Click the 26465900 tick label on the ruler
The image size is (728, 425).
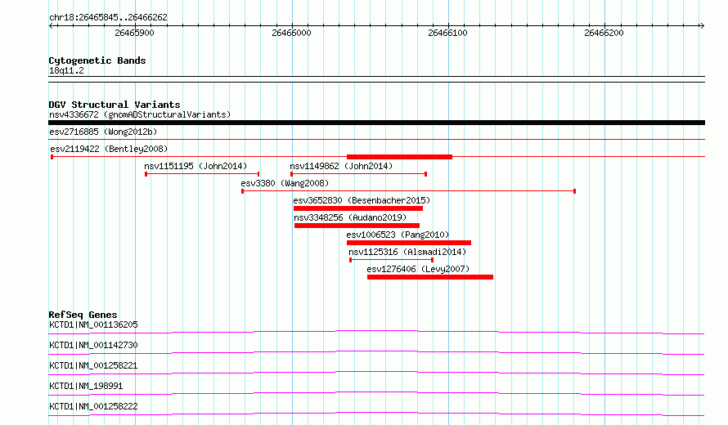click(x=134, y=33)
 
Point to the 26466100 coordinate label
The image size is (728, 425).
click(x=447, y=33)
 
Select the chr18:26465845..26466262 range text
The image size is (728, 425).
click(x=108, y=18)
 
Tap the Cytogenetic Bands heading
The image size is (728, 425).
click(x=97, y=60)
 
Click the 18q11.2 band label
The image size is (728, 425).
click(x=66, y=70)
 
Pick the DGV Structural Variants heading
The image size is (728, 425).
click(x=115, y=105)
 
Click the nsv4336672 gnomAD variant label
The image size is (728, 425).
click(x=140, y=114)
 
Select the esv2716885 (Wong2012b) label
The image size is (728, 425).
click(x=103, y=132)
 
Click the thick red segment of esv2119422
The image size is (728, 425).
click(x=399, y=157)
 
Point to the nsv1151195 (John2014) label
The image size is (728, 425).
click(x=195, y=166)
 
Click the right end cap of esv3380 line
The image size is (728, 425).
click(x=575, y=191)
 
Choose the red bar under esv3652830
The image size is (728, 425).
click(x=358, y=208)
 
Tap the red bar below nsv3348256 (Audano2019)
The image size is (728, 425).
click(x=357, y=226)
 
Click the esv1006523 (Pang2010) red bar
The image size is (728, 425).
click(x=408, y=243)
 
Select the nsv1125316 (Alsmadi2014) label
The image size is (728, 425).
click(x=407, y=252)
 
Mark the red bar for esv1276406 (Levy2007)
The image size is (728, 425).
click(x=430, y=277)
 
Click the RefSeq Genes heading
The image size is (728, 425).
click(x=83, y=315)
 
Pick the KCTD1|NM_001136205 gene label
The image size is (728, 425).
click(x=93, y=324)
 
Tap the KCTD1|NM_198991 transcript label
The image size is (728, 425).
click(x=86, y=386)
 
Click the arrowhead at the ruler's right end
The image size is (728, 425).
click(x=702, y=25)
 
